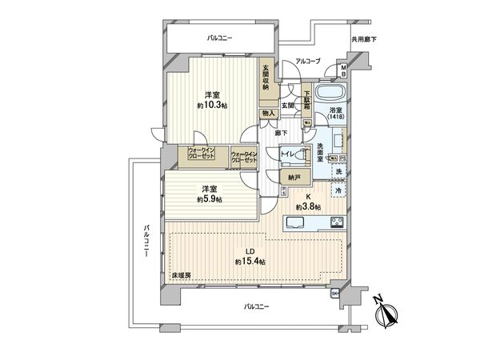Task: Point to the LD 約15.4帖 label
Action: [250, 257]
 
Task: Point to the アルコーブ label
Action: [307, 61]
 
